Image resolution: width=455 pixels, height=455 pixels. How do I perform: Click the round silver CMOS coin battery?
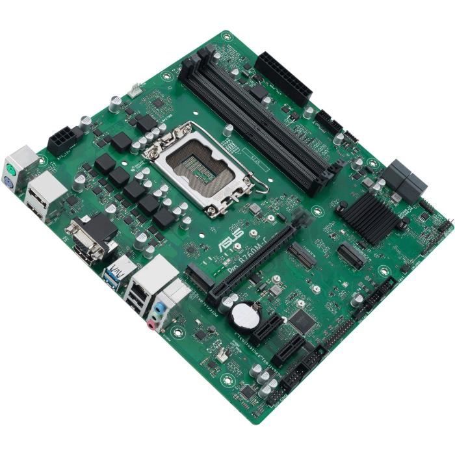pyautogui.click(x=246, y=315)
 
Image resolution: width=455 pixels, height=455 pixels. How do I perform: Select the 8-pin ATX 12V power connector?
pyautogui.click(x=62, y=138)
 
